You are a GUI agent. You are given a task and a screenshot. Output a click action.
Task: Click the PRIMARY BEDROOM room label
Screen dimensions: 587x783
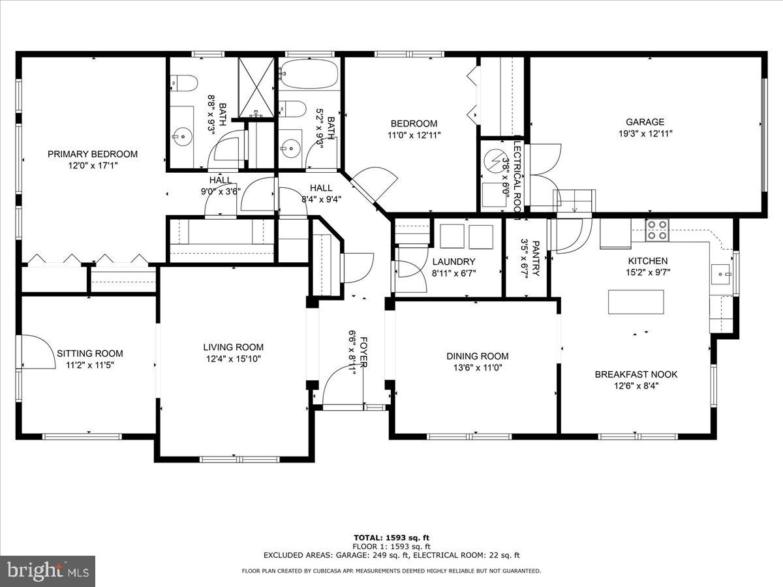coord(93,154)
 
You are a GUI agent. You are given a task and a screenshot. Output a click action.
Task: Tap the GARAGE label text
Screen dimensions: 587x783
coord(645,122)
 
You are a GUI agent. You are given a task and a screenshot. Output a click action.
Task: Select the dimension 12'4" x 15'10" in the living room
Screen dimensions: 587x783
coord(233,359)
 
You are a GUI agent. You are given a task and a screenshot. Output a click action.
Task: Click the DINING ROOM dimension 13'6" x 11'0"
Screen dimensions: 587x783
coord(477,367)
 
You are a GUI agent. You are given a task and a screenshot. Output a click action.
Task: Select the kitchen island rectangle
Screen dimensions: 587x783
coord(636,301)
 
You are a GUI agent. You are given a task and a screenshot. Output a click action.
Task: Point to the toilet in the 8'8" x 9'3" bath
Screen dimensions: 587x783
coord(183,82)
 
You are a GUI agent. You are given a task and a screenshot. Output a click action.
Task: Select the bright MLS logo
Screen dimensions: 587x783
coord(48,571)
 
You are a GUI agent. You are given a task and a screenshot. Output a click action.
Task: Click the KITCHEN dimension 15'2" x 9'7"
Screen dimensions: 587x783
coord(648,273)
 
